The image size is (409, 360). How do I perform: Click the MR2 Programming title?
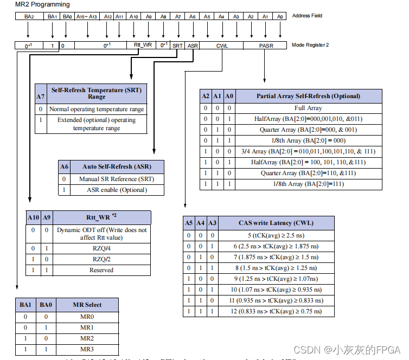[x=42, y=5]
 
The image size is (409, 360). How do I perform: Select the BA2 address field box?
[x=29, y=17]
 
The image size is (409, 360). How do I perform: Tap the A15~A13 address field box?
[x=87, y=17]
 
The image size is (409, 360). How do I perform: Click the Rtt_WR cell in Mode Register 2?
[x=143, y=46]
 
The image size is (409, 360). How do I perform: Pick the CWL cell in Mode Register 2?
[x=222, y=46]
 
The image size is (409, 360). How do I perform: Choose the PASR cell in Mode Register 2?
[x=266, y=46]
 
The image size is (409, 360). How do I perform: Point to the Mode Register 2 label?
[x=310, y=45]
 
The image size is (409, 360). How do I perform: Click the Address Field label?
[x=307, y=16]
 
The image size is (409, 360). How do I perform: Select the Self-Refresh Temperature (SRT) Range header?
[x=97, y=93]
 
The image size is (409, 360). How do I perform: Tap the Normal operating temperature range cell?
[x=97, y=109]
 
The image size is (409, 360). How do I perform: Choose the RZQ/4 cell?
[x=101, y=248]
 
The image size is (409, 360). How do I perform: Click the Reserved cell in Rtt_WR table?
[x=101, y=270]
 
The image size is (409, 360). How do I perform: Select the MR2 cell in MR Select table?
[x=87, y=338]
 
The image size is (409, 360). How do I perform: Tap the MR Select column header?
[x=87, y=305]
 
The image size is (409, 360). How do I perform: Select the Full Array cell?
[x=308, y=108]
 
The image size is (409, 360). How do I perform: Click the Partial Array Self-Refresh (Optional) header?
[x=308, y=96]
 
